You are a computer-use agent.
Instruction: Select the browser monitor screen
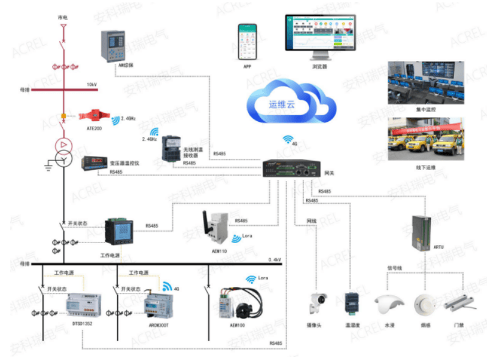319,35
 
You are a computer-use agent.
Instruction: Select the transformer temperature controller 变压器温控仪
95,163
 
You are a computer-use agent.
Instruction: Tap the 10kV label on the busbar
91,84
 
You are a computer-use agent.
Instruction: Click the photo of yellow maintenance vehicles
426,139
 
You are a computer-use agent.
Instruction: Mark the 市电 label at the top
63,19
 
